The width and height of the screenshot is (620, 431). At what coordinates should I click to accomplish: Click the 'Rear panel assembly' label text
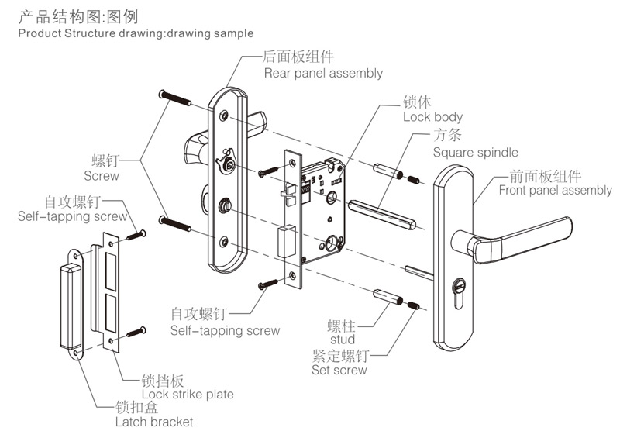point(323,74)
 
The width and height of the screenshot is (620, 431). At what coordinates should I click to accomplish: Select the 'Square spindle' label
point(475,153)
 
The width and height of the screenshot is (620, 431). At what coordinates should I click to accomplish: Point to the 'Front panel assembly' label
point(555,191)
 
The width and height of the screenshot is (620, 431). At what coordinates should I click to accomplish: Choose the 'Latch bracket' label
point(154,422)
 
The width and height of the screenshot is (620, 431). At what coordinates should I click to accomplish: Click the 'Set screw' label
point(339,371)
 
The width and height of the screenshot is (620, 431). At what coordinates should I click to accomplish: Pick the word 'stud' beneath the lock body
point(342,340)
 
